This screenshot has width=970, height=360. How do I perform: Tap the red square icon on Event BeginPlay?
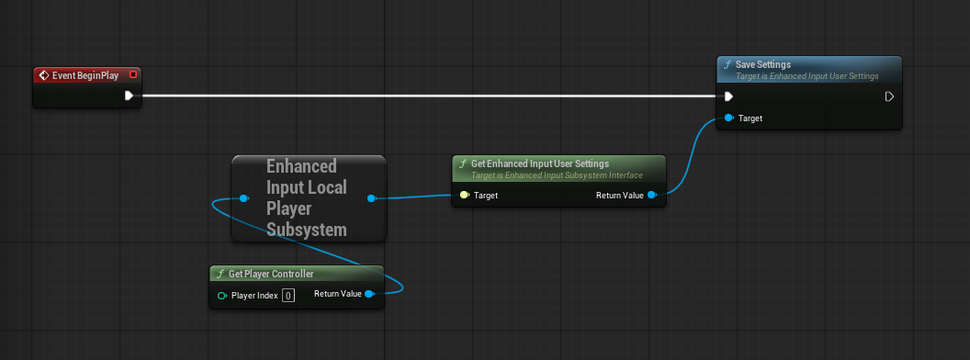coord(133,74)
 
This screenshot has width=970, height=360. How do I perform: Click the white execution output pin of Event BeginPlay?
coord(129,96)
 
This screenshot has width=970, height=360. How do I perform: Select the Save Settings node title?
coord(762,64)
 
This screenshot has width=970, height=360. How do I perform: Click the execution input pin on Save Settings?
coord(728,96)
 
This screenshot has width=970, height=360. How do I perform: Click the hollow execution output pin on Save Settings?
coord(889,96)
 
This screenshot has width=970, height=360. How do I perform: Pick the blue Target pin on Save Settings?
coord(728,118)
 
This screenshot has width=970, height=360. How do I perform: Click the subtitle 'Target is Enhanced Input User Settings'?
coord(806,76)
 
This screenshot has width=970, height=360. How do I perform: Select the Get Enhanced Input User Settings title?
coord(540,163)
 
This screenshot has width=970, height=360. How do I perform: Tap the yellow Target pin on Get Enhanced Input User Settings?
coord(465,196)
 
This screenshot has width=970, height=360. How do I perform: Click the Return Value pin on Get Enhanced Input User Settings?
coord(651,196)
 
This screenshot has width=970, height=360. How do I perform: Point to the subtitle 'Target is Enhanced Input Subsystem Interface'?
coord(557,175)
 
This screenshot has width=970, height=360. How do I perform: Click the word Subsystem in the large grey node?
coord(306,231)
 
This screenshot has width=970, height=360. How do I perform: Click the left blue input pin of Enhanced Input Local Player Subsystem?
coord(243,198)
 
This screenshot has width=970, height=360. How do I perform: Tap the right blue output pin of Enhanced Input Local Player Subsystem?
coord(371,198)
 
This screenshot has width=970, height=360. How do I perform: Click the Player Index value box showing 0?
coord(288,296)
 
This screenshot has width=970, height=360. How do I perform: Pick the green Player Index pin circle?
coord(222,296)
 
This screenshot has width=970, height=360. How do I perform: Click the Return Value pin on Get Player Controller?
coord(369,294)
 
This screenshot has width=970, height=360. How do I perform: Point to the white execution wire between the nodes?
coord(429,96)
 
